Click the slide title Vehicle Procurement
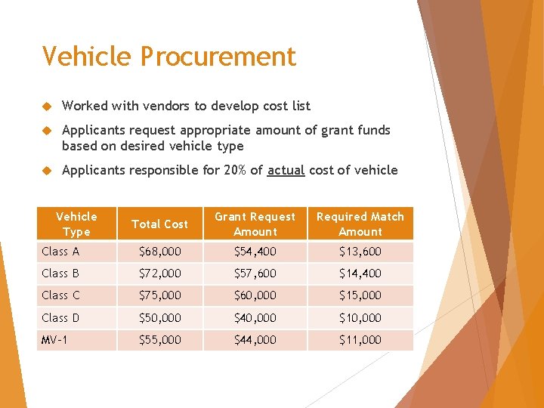pyautogui.click(x=169, y=57)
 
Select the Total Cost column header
pyautogui.click(x=159, y=224)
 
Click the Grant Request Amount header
pyautogui.click(x=255, y=224)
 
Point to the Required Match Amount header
pyautogui.click(x=360, y=224)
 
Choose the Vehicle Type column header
pyautogui.click(x=76, y=224)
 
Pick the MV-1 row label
pyautogui.click(x=54, y=340)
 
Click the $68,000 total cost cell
pyautogui.click(x=159, y=252)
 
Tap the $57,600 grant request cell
pyautogui.click(x=255, y=274)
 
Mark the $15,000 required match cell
pyautogui.click(x=360, y=295)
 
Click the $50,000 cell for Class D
pyautogui.click(x=159, y=318)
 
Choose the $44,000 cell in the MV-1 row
pyautogui.click(x=255, y=340)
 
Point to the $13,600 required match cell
pyautogui.click(x=360, y=252)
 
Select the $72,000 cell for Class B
pyautogui.click(x=159, y=274)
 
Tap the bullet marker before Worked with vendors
pyautogui.click(x=46, y=107)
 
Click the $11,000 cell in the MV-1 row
pyautogui.click(x=360, y=340)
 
